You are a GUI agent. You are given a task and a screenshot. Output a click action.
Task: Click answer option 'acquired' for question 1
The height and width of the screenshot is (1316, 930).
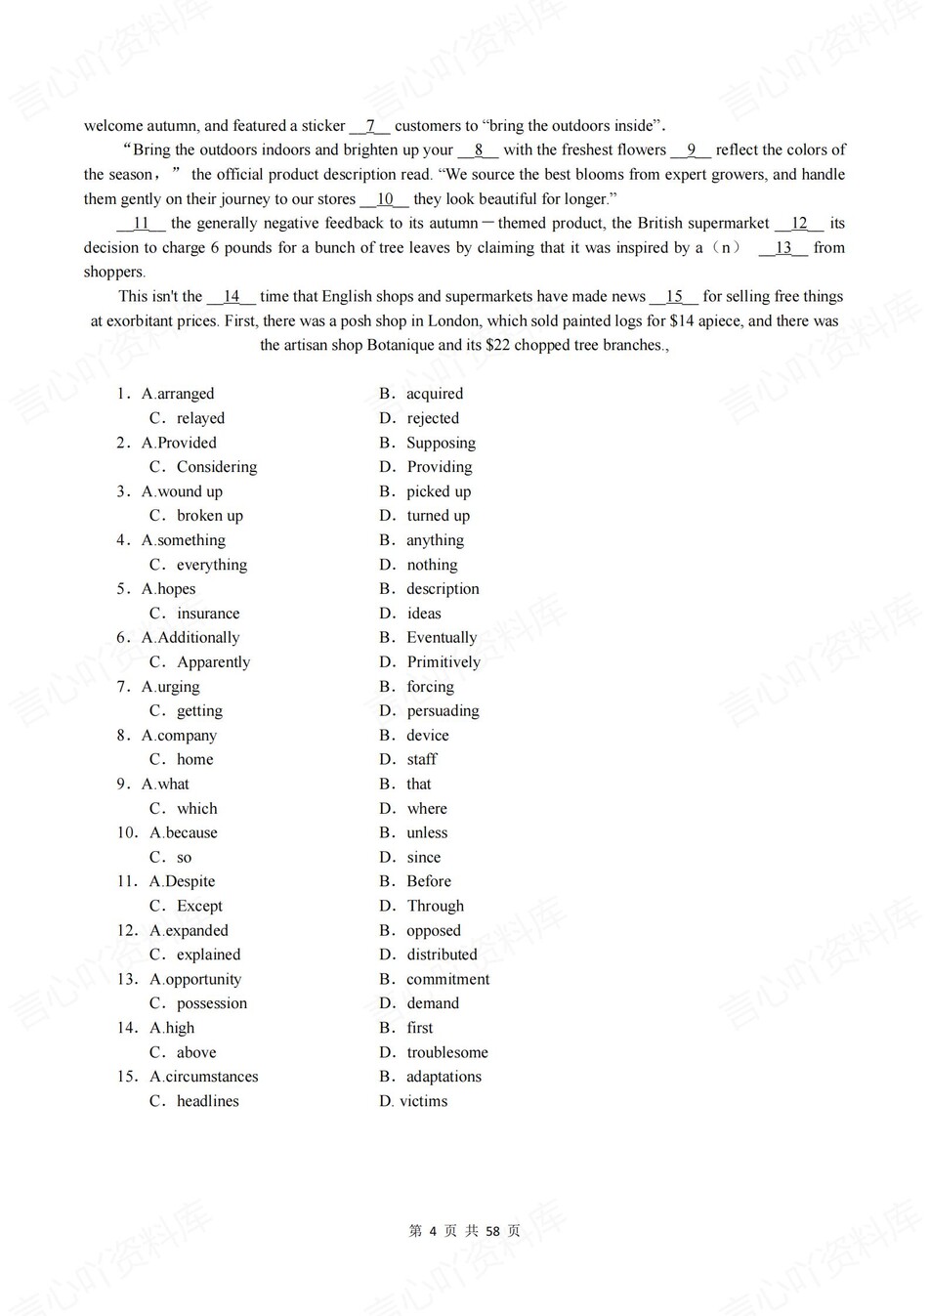coord(435,394)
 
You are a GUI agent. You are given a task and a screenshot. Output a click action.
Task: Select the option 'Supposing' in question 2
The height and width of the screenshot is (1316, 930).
coord(441,443)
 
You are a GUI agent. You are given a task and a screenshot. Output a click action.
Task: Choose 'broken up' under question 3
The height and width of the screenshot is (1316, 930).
coord(210,516)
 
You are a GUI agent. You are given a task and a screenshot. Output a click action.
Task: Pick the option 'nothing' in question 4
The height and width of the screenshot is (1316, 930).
coord(432,565)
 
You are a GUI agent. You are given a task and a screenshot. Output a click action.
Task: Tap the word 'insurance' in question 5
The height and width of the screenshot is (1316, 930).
coord(208,614)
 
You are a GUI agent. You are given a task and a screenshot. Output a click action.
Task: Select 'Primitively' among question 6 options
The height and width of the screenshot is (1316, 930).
coord(444,662)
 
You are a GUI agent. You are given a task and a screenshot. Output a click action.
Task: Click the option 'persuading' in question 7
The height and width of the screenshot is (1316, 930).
coord(443,711)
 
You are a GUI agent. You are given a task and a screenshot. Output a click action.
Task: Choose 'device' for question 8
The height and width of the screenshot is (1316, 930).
coord(428,736)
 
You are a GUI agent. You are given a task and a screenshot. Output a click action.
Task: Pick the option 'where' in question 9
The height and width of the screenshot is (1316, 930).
coord(427,809)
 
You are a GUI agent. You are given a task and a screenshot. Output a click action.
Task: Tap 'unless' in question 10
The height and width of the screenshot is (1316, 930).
coord(427,833)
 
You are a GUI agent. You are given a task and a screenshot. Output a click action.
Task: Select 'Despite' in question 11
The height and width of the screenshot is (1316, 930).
coord(190,881)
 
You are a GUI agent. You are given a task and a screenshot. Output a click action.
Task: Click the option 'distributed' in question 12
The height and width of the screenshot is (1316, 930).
coord(442,955)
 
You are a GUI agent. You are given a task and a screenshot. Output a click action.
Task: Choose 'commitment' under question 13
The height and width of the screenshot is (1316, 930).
coord(447,979)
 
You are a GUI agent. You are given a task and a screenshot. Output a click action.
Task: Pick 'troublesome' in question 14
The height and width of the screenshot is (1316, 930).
coord(447,1052)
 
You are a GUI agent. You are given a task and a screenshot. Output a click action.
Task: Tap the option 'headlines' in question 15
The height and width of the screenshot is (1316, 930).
coord(208,1101)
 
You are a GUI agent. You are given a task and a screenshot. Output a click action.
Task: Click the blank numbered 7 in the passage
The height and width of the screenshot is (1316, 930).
coord(370,126)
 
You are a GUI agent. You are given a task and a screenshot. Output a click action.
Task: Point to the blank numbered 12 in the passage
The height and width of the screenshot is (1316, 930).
coord(799,224)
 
